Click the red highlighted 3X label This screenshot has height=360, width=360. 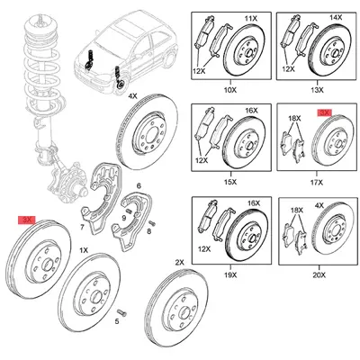[28, 219]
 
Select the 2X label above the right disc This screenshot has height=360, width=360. [179, 262]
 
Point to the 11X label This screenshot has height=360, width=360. [251, 17]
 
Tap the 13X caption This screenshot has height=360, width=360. [316, 88]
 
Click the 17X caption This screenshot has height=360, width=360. [316, 180]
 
